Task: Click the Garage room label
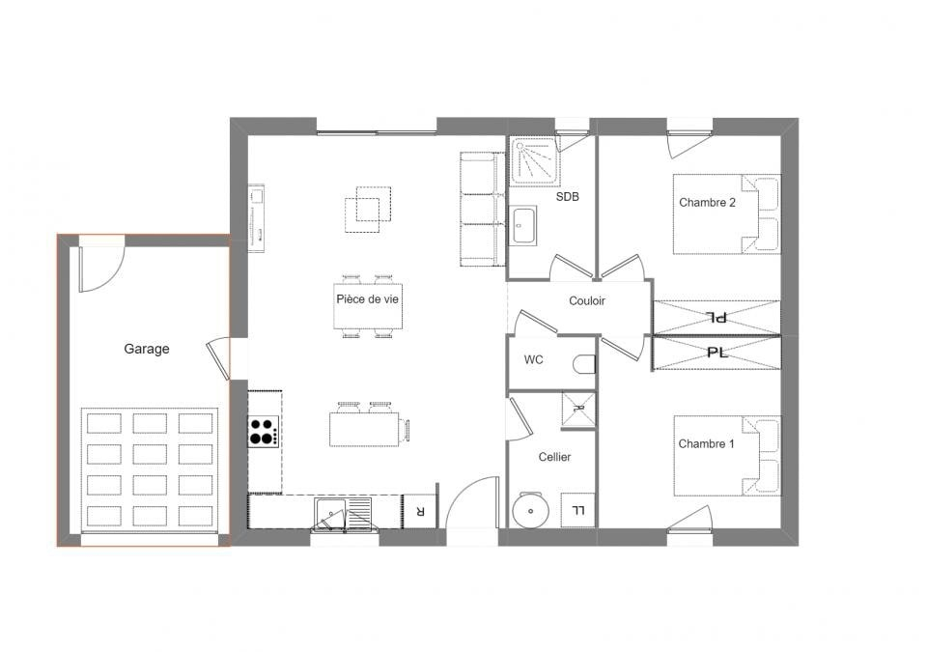[x=147, y=349]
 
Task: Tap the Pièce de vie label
[x=367, y=299]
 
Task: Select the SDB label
[x=568, y=197]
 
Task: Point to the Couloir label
[x=587, y=301]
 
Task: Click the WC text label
[x=533, y=359]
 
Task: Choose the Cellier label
[x=554, y=457]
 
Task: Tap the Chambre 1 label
[x=706, y=443]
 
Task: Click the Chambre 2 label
[x=707, y=202]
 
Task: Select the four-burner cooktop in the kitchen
[x=263, y=432]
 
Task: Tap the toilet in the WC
[x=585, y=364]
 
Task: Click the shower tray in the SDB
[x=535, y=160]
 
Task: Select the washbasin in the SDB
[x=523, y=225]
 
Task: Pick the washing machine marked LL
[x=577, y=510]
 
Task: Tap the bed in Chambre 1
[x=727, y=456]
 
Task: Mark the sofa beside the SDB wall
[x=479, y=209]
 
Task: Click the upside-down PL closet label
[x=717, y=318]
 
